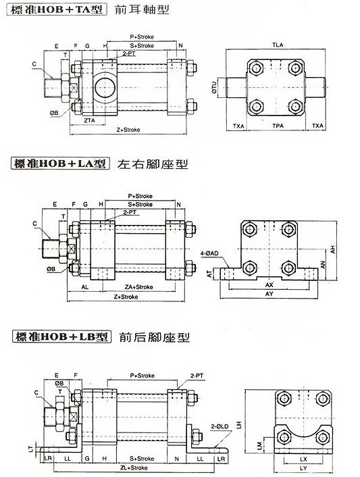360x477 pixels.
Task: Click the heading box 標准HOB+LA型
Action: pos(58,164)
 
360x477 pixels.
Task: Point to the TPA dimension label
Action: pos(277,126)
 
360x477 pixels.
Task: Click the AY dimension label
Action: pos(271,295)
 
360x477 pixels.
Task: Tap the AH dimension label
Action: pos(334,247)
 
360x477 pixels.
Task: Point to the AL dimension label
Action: pos(85,287)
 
